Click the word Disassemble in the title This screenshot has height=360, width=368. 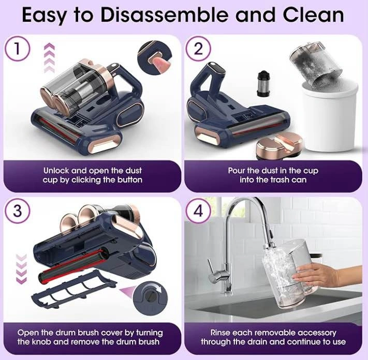tap(165, 15)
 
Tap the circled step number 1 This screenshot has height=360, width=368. tap(17, 50)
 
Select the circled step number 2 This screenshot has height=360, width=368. tap(199, 49)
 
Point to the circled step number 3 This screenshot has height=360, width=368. tap(18, 211)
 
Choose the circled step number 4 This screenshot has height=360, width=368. tap(199, 211)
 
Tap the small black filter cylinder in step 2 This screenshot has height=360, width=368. tap(262, 84)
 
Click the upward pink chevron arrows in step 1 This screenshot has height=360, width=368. tap(50, 58)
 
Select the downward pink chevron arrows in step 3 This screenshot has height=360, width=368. tap(21, 269)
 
